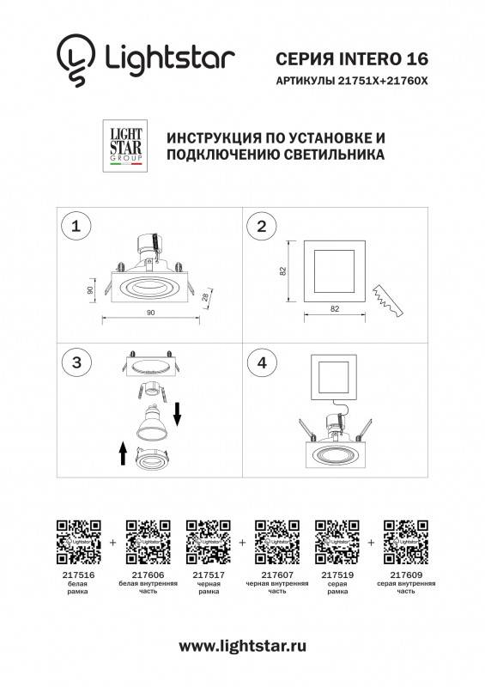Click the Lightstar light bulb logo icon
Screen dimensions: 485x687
pyautogui.click(x=76, y=59)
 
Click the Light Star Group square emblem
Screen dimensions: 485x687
pyautogui.click(x=125, y=145)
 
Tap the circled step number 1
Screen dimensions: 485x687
pyautogui.click(x=76, y=226)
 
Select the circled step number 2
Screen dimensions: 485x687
pyautogui.click(x=262, y=226)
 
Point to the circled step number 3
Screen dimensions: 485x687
pyautogui.click(x=76, y=362)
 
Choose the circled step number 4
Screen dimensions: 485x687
pyautogui.click(x=262, y=362)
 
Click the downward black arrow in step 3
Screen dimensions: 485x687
pyautogui.click(x=177, y=415)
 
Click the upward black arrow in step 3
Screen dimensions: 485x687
pyautogui.click(x=123, y=453)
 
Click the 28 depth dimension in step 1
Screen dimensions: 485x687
pyautogui.click(x=205, y=296)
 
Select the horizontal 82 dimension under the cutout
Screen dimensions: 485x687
pyautogui.click(x=335, y=308)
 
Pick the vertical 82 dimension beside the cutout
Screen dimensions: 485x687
pyautogui.click(x=282, y=271)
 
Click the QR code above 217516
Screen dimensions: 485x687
pyautogui.click(x=78, y=542)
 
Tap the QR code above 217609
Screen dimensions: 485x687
pyautogui.click(x=406, y=542)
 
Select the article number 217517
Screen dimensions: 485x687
pyautogui.click(x=209, y=575)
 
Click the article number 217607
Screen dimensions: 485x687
pyautogui.click(x=277, y=575)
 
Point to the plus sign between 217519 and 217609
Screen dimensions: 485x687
pyautogui.click(x=371, y=543)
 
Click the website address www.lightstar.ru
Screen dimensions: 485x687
pyautogui.click(x=242, y=646)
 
